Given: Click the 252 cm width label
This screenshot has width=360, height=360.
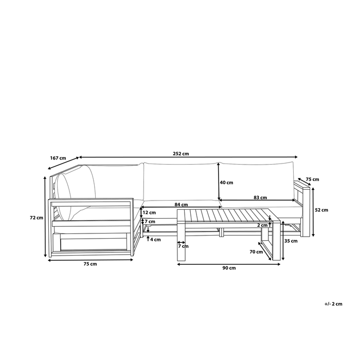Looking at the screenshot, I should pos(181,153).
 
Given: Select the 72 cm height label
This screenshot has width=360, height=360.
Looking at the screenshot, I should pos(36,218).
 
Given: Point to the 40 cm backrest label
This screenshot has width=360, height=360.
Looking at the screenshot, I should pos(227,183).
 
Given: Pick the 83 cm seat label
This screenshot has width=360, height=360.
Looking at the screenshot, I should pos(260,197).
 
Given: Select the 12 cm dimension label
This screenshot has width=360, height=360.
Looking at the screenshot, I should pos(149,212).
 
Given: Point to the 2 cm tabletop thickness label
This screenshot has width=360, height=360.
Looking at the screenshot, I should pos(262,225).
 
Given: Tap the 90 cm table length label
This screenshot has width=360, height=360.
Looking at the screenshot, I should pos(229,268).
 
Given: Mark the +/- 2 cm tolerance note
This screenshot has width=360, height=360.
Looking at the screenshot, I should pos(334,304).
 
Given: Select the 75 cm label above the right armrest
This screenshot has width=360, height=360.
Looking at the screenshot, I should pos(312,179).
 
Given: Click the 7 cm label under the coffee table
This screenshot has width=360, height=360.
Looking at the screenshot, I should pos(183,246).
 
